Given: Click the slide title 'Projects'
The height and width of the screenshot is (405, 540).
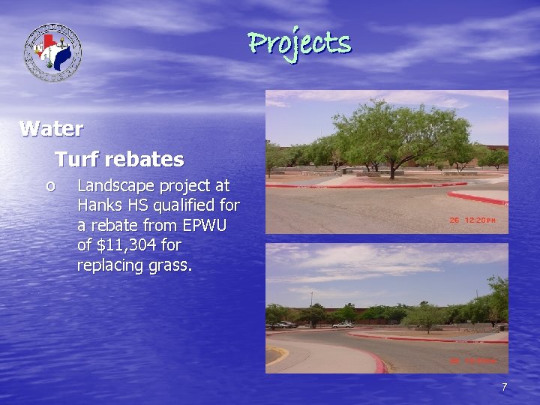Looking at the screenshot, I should (299, 43).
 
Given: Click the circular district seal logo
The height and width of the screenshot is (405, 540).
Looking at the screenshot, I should (52, 52).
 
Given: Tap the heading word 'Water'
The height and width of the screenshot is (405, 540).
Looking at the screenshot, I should (51, 129).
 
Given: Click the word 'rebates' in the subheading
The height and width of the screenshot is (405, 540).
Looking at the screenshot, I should (145, 160).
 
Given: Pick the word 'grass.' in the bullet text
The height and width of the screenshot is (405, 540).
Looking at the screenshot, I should (169, 265).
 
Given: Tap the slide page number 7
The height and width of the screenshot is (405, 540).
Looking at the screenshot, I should (505, 387).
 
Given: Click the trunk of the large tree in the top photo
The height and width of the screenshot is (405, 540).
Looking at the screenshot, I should (391, 169).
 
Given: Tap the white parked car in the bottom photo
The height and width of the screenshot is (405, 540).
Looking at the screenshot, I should (343, 325).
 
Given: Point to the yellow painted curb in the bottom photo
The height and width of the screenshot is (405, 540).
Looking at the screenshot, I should (277, 352).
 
